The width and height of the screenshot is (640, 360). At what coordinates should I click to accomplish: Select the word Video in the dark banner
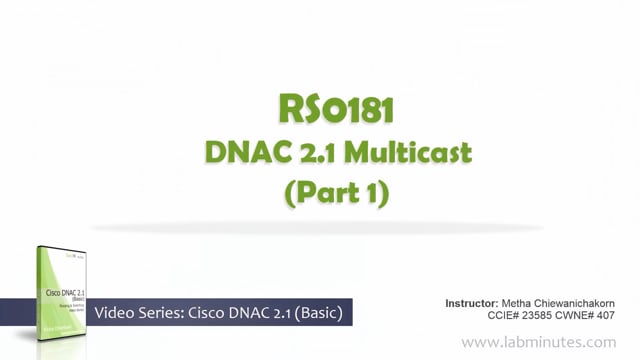[117, 315]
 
